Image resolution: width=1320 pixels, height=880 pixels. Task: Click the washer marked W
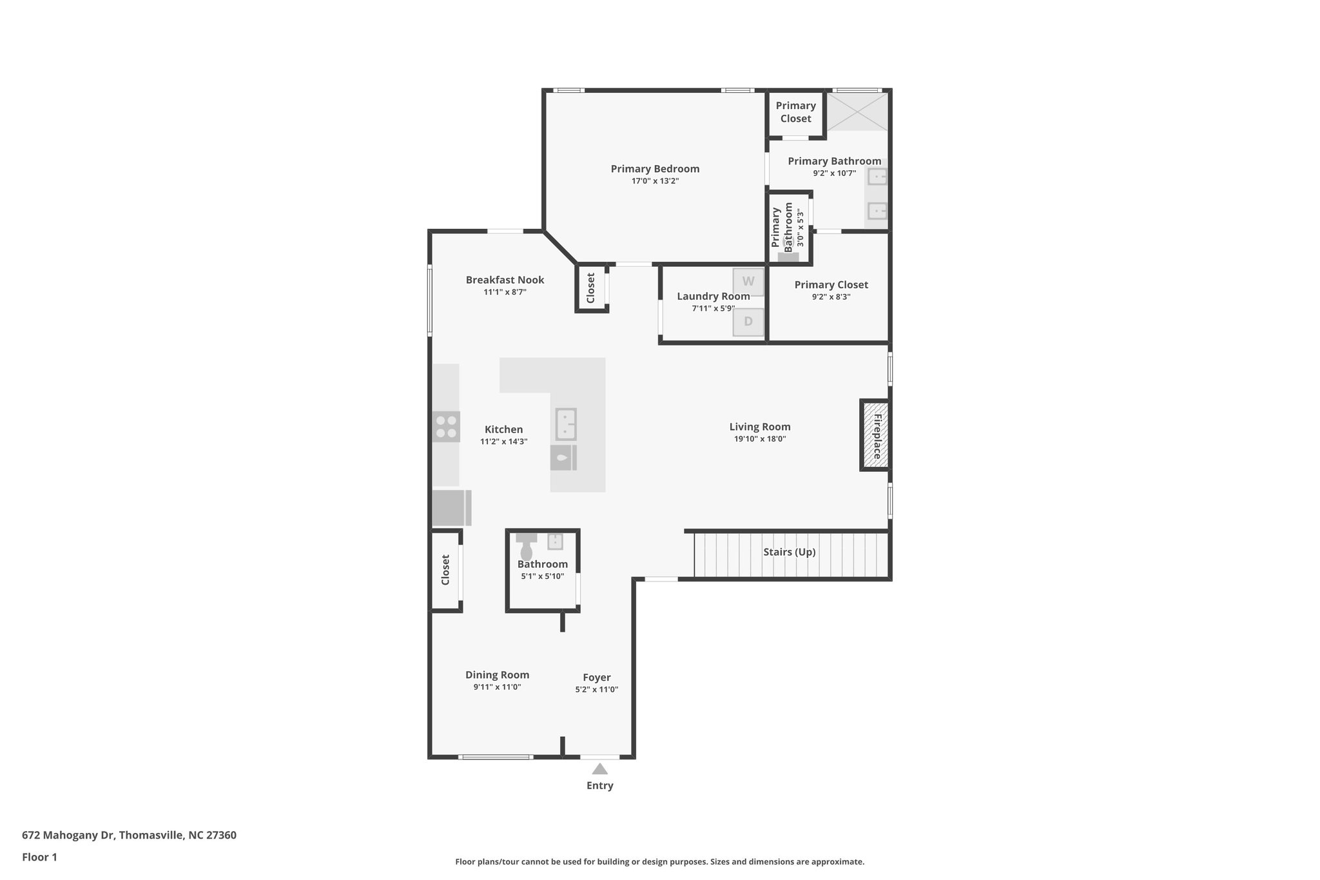[x=748, y=282]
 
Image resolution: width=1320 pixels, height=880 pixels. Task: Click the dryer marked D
[x=748, y=322]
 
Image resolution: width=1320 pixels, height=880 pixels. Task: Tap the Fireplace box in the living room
[x=876, y=436]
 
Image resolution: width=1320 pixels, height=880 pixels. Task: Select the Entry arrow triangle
[x=600, y=768]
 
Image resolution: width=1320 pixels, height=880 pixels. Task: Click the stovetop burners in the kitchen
[x=446, y=426]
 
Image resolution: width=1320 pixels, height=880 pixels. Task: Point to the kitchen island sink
[x=566, y=424]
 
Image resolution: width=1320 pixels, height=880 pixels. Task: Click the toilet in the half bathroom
[x=527, y=549]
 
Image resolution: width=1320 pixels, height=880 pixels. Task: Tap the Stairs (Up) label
[x=789, y=552]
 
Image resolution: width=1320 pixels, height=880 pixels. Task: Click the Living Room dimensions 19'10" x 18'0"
[x=760, y=439]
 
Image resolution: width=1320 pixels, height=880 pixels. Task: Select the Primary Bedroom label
[x=655, y=169]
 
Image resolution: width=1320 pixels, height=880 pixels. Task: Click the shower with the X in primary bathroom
[x=857, y=112]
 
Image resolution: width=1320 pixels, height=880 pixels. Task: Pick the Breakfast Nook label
[x=505, y=280]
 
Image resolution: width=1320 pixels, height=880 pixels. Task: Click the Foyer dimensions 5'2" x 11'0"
[x=596, y=689]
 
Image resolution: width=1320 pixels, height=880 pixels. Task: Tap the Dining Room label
[x=497, y=675]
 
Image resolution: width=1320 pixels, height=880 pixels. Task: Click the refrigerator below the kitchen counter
[x=451, y=508]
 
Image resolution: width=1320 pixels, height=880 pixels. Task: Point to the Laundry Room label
[x=713, y=297]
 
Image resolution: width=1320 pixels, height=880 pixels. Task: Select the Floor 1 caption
[x=39, y=857]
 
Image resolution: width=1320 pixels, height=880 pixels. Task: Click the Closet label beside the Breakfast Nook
[x=590, y=288]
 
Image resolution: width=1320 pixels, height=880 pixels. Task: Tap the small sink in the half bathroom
[x=555, y=541]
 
